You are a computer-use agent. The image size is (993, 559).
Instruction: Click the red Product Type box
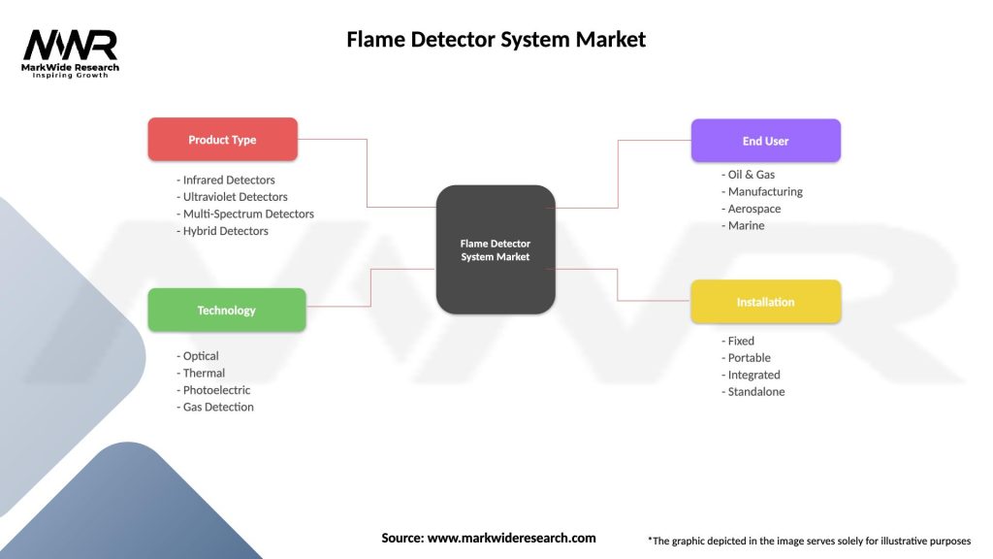point(222,140)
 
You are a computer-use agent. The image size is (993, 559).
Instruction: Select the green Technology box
point(226,311)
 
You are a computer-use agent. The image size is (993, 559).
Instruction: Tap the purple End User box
point(765,141)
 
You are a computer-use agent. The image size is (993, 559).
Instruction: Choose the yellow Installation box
point(765,302)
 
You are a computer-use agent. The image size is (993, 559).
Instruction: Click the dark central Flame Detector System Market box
point(496,249)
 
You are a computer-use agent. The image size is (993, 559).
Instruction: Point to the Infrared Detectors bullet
point(227,180)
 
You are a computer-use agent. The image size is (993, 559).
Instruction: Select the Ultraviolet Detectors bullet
point(233,197)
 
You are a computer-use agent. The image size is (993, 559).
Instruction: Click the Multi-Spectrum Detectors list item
point(246,214)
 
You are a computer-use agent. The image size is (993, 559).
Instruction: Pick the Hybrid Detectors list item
point(224,231)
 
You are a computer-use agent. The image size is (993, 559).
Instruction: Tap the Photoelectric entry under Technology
point(214,390)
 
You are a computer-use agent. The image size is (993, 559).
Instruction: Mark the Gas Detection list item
point(216,407)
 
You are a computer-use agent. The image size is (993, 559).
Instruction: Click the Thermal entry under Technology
point(202,373)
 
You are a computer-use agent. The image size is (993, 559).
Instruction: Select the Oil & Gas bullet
point(750,175)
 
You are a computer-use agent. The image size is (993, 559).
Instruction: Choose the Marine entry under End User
point(744,225)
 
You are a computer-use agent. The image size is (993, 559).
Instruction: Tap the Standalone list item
point(754,391)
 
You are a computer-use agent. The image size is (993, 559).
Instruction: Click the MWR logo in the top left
point(71,53)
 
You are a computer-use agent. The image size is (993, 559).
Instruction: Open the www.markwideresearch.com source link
point(511,538)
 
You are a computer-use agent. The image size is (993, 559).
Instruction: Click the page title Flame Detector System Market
point(496,40)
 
